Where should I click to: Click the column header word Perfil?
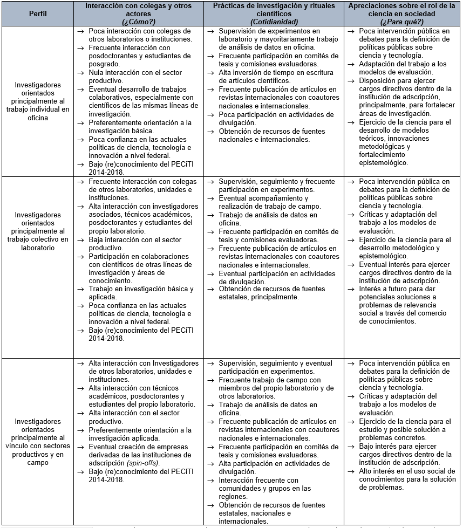38,13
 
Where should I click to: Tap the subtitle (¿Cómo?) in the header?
139,21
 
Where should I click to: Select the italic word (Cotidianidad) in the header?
274,21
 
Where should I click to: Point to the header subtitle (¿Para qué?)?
402,21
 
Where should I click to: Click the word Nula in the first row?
98,73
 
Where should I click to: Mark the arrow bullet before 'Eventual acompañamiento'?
210,198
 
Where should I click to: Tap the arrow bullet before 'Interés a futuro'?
351,289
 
